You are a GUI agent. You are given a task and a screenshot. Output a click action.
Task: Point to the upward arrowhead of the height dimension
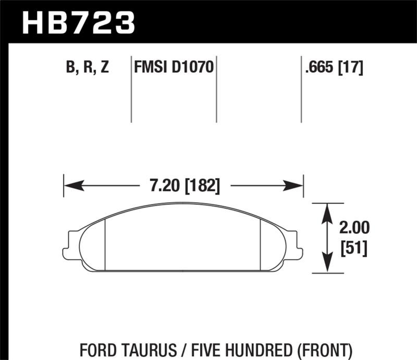coord(327,209)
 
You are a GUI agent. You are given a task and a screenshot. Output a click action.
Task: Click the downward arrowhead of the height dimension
coord(327,266)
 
